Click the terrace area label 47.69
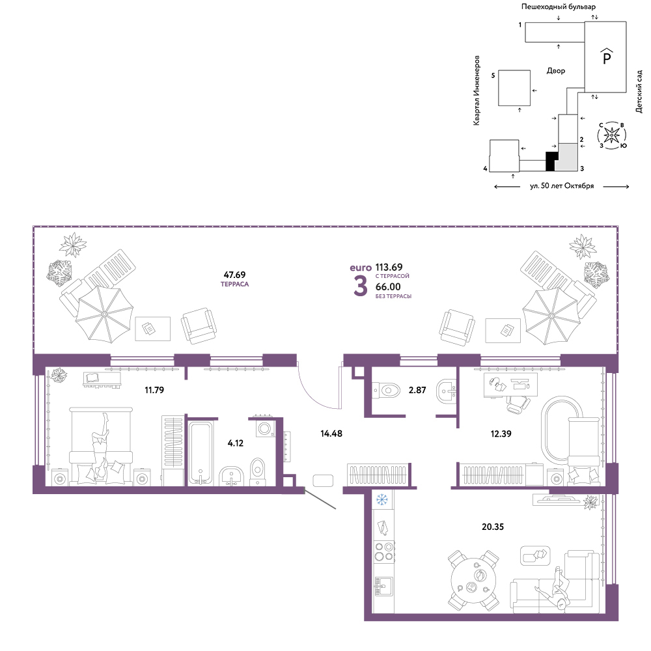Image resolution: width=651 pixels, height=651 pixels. tap(234, 275)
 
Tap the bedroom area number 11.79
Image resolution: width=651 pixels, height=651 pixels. tap(154, 390)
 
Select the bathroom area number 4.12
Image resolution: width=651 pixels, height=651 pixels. tap(236, 443)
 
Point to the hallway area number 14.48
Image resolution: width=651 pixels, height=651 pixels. tap(331, 434)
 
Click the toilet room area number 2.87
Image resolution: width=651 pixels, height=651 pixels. tap(417, 390)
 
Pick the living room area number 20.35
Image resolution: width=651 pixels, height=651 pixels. tap(493, 527)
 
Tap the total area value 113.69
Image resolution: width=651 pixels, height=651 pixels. tap(389, 267)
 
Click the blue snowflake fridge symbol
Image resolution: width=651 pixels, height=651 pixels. tap(381, 499)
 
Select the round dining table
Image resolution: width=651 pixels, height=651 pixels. tap(473, 579)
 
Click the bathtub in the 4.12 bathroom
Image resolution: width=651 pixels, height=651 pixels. tap(201, 453)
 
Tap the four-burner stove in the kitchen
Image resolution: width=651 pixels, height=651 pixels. tap(384, 552)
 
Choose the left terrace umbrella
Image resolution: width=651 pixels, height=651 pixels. tap(104, 314)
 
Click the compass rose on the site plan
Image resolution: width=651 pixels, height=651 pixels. tap(612, 135)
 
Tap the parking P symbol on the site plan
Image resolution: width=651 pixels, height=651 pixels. tap(607, 57)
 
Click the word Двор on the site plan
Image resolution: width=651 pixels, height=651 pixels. tap(556, 71)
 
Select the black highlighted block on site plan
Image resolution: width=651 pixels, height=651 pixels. tap(551, 161)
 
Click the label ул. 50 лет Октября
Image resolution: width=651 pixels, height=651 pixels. tap(562, 186)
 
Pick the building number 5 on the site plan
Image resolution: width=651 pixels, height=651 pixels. tap(493, 76)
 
